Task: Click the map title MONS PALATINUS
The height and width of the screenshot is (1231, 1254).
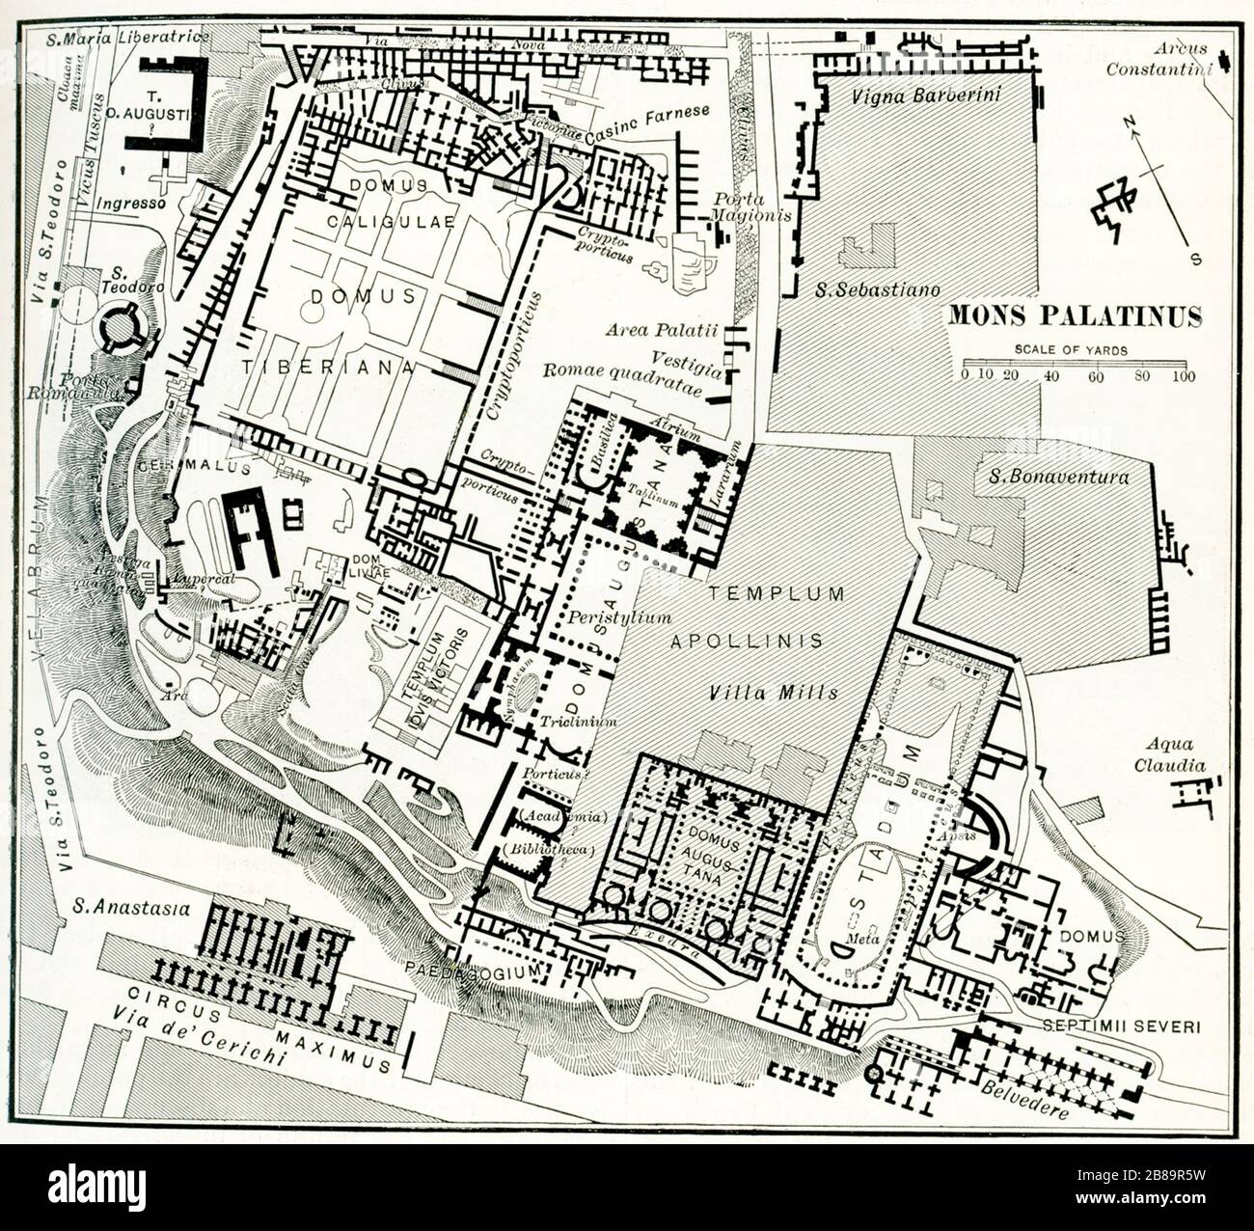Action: pyautogui.click(x=1076, y=316)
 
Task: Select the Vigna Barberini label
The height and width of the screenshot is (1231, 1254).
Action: pyautogui.click(x=927, y=94)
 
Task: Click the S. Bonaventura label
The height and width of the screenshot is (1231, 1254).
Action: pyautogui.click(x=1058, y=476)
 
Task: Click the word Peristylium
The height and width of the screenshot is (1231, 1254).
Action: pyautogui.click(x=605, y=615)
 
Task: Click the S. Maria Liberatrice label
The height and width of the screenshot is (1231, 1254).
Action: pyautogui.click(x=127, y=38)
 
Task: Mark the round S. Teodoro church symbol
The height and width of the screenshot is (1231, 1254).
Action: pyautogui.click(x=122, y=327)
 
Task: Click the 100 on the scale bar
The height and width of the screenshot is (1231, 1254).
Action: pyautogui.click(x=1184, y=376)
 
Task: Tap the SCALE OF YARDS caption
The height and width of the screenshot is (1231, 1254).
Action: pyautogui.click(x=1071, y=350)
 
